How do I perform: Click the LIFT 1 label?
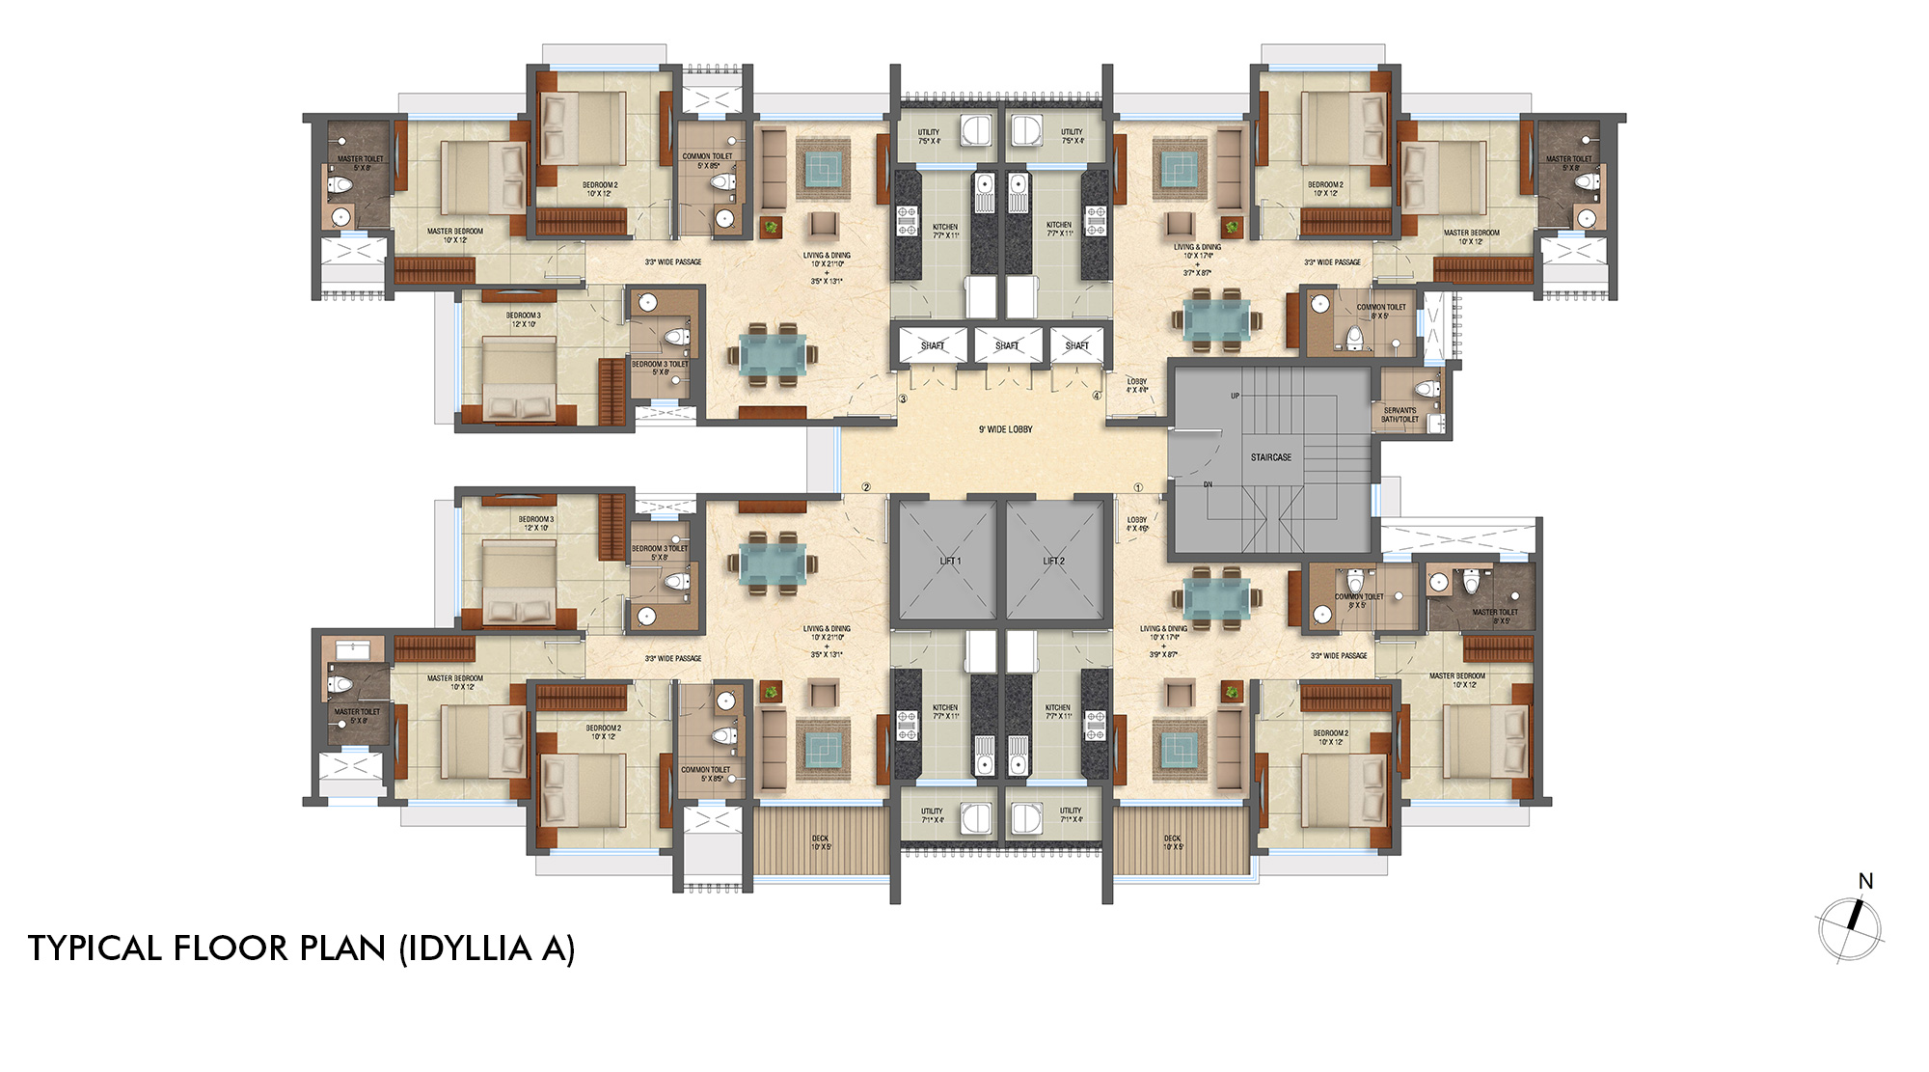950,561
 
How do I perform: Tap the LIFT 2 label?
1054,561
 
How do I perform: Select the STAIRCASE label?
1271,457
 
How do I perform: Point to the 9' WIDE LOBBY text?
1005,429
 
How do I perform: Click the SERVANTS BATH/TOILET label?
1399,415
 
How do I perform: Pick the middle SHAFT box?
1007,345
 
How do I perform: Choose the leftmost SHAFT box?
933,345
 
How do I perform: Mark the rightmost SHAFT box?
1077,345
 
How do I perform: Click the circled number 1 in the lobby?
1138,487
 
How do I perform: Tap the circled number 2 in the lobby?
866,487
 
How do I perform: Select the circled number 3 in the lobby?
903,399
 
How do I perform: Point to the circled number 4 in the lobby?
1097,396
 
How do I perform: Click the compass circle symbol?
1849,929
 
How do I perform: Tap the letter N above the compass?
1865,881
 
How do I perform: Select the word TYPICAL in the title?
95,948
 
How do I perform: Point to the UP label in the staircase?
1235,396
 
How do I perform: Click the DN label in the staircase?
1208,484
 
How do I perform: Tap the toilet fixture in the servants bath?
1426,389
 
